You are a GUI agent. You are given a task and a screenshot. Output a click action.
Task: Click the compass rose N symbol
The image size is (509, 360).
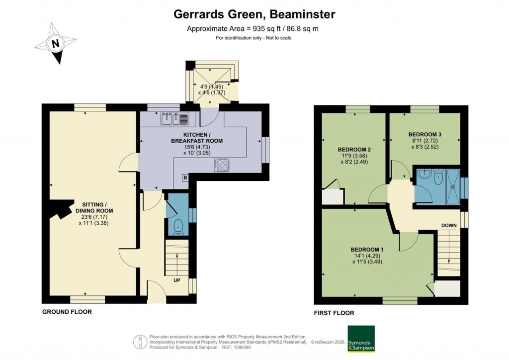tap(56, 44)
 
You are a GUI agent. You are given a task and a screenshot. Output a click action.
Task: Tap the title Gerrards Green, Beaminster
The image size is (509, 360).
tap(254, 14)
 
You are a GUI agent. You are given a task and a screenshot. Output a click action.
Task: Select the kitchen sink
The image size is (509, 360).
tap(174, 119)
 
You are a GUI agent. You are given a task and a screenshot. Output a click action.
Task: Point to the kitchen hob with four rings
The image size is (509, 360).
tap(222, 165)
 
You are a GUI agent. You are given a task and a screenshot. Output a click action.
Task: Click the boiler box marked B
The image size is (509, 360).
tap(185, 178)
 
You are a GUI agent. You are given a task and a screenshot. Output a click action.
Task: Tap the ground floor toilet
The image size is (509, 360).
tap(177, 226)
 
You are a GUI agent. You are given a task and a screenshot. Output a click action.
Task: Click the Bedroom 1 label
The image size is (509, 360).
tap(367, 249)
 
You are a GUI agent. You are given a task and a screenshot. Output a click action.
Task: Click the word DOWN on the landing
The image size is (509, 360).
tap(449, 225)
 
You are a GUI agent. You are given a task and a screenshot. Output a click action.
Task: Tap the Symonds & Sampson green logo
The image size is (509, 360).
tap(361, 339)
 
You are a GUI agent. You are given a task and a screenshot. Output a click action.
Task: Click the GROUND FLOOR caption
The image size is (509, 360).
tap(67, 312)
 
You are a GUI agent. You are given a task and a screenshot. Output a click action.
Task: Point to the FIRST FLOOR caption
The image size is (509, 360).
tap(334, 313)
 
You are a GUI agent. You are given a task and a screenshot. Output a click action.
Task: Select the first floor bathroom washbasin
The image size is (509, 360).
tap(424, 175)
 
